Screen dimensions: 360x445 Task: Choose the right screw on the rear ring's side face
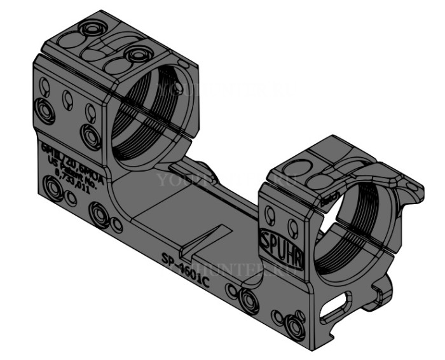click(91, 135)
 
